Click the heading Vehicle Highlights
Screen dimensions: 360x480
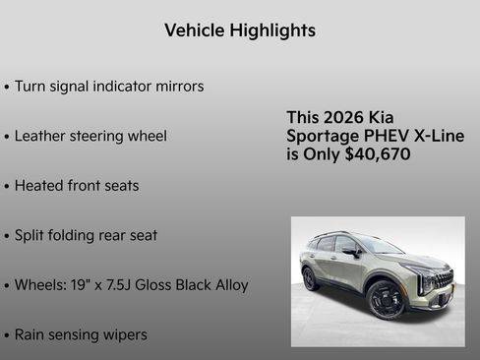pos(240,30)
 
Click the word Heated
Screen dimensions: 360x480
pos(40,185)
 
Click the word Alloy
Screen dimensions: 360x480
pos(229,285)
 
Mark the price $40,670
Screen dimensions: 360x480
pos(378,154)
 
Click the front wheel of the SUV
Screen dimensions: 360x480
pos(385,300)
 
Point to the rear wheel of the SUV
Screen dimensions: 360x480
pos(310,278)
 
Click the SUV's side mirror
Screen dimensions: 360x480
pos(350,252)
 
